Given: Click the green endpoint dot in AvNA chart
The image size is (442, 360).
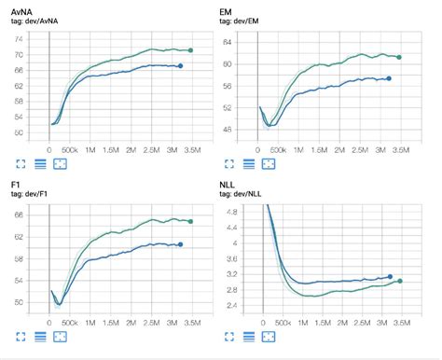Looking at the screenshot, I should [x=190, y=50].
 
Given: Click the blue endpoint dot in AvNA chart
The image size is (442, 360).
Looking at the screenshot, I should [x=180, y=66].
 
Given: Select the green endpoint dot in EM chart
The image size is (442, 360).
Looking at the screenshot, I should [x=399, y=57].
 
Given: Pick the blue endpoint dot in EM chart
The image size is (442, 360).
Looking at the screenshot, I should [x=389, y=78].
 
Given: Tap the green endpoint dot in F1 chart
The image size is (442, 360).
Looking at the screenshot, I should [x=190, y=221].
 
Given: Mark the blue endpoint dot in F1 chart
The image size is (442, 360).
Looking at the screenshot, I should [x=180, y=244].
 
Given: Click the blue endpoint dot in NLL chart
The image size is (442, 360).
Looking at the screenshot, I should [x=390, y=276].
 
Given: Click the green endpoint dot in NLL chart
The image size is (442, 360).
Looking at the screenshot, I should [x=400, y=281].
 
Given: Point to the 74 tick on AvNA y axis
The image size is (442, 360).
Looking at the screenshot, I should [x=20, y=39].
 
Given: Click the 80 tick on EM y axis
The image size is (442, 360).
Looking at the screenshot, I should [x=228, y=63].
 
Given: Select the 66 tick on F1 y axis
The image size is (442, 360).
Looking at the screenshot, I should [x=20, y=215].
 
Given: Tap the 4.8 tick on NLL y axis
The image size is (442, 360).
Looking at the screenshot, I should [x=230, y=213].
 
